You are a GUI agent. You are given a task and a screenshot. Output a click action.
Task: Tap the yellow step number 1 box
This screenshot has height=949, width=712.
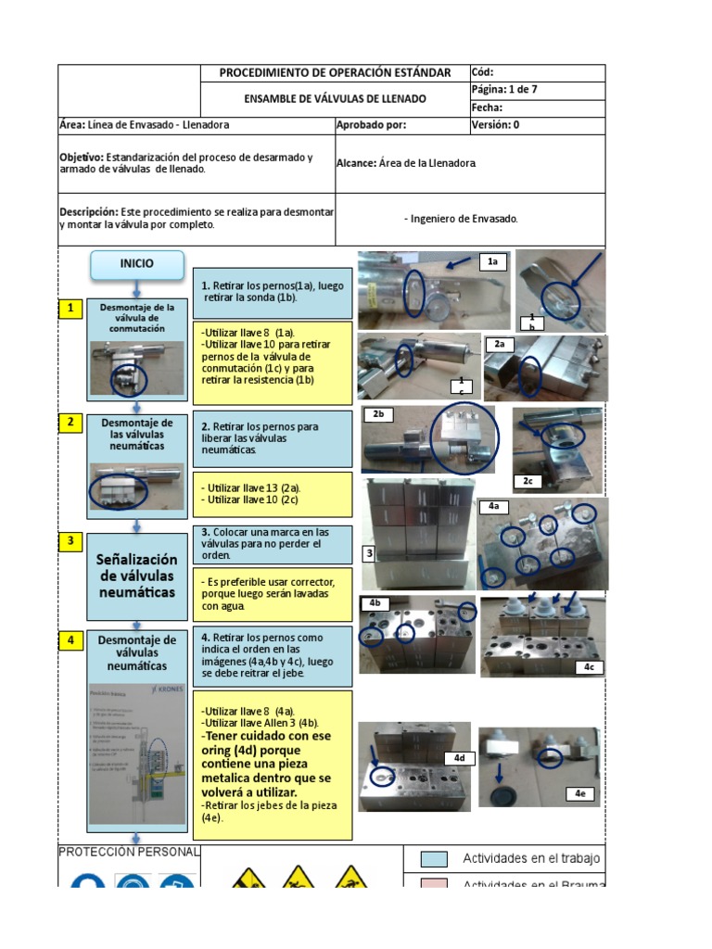point(69,310)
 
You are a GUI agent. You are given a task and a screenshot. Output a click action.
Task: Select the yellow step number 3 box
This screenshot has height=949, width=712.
point(69,541)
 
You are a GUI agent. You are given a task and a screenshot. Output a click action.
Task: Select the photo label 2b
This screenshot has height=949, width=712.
point(378,414)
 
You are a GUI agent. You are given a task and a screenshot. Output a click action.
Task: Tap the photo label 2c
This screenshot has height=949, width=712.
point(527,481)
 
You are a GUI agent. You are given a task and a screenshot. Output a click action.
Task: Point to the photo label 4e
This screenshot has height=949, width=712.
point(579,793)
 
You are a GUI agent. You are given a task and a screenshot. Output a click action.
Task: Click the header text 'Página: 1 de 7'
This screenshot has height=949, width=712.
point(505,90)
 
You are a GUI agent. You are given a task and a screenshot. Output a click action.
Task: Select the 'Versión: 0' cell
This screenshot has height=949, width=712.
point(496,125)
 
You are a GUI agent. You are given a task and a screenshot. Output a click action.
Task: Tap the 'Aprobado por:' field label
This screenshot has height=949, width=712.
point(372,125)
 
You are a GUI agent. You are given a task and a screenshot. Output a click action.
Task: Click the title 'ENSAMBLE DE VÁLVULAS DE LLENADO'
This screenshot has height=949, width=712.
point(335,98)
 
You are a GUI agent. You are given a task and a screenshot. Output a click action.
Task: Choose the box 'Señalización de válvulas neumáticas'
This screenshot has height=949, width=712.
point(136,576)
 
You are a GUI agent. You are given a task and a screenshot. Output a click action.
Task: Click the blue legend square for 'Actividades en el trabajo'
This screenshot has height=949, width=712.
point(434,859)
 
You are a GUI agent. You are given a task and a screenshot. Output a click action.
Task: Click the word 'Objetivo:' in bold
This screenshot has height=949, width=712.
point(82,158)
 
